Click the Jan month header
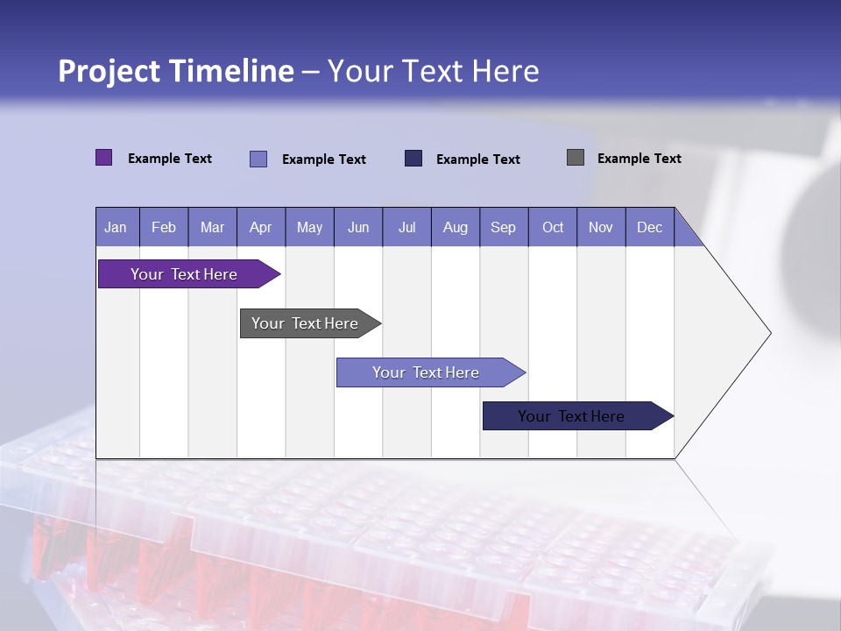[x=117, y=227]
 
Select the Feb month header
[x=164, y=227]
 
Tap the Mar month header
[x=212, y=227]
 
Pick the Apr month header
[x=261, y=227]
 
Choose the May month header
[x=309, y=227]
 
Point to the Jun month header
[x=358, y=227]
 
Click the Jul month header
[x=406, y=227]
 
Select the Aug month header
[x=456, y=227]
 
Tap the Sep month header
[x=504, y=227]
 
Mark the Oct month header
[x=553, y=227]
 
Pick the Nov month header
[x=601, y=227]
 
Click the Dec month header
[x=650, y=227]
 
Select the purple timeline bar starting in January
[x=184, y=274]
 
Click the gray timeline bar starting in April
[x=305, y=323]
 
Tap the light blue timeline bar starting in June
[x=426, y=372]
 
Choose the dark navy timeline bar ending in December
[x=571, y=416]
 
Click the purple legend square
[x=104, y=158]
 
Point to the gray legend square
[x=576, y=158]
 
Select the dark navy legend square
[x=413, y=158]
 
